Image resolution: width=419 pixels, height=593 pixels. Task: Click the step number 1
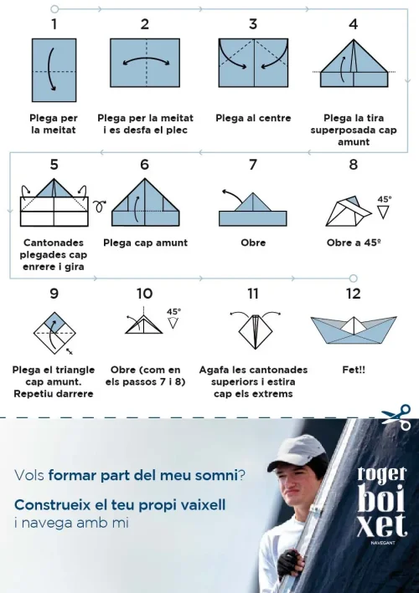pos(54,24)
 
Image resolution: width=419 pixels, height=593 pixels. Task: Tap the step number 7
pos(252,165)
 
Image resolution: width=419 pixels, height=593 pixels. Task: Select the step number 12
pos(353,294)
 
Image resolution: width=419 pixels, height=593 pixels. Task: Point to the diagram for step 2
pos(145,63)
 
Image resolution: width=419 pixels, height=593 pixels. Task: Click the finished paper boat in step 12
pos(353,330)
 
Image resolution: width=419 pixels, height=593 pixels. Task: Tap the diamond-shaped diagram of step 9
pos(54,331)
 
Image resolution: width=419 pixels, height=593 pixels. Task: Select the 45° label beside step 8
pos(384,200)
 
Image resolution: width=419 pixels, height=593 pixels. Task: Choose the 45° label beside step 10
pos(173,312)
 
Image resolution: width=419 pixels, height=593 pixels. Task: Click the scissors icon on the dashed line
pos(396,417)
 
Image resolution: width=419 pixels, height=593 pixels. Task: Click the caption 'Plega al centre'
pos(253,118)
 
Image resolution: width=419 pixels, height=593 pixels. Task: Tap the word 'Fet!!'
pos(353,369)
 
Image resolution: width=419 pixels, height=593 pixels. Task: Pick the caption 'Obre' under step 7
pos(253,243)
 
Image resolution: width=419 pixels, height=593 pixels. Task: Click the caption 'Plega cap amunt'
pos(145,243)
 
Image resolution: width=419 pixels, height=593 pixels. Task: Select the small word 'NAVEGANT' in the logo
pos(382,544)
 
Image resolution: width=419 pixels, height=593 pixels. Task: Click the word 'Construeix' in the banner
pos(52,505)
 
